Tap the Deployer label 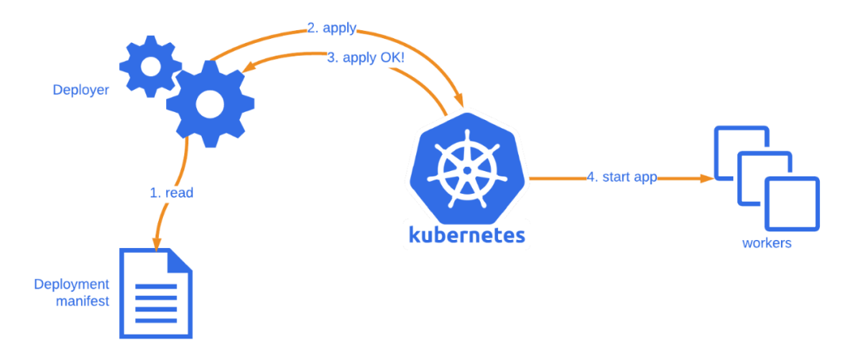point(81,90)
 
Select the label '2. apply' point(331,29)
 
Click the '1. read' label point(172,192)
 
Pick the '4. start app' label point(622,177)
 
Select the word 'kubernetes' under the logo point(466,234)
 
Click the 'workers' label point(767,243)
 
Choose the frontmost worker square point(791,204)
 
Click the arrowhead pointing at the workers point(705,179)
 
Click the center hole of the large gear point(210,102)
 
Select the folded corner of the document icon point(181,261)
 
